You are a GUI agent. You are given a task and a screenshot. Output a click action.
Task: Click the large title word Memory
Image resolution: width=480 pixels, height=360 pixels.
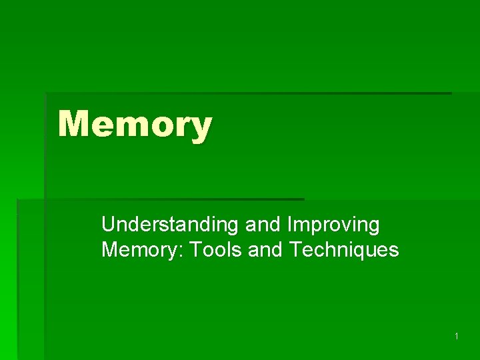pyautogui.click(x=135, y=125)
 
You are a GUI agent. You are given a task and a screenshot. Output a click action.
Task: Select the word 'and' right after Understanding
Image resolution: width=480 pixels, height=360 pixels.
pyautogui.click(x=262, y=225)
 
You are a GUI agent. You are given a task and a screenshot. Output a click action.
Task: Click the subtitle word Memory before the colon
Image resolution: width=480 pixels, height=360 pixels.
pyautogui.click(x=141, y=250)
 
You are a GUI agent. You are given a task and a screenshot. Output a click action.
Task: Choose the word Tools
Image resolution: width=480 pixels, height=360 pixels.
pyautogui.click(x=215, y=250)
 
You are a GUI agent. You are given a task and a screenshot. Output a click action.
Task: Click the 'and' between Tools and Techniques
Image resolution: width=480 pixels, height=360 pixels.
pyautogui.click(x=266, y=250)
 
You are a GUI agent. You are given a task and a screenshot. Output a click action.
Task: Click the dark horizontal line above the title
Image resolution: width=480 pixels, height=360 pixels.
pyautogui.click(x=247, y=93)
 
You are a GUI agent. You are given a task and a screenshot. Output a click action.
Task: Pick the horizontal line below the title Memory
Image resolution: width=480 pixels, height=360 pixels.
pyautogui.click(x=160, y=199)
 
